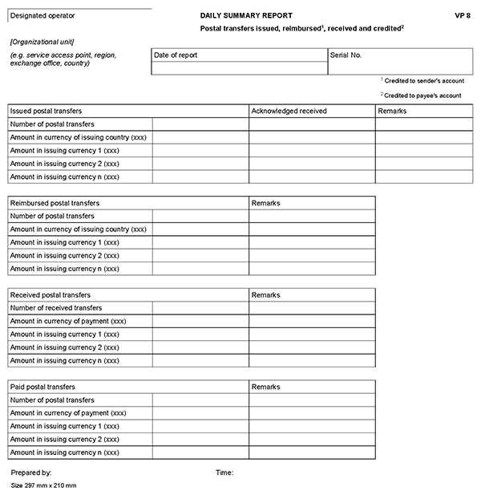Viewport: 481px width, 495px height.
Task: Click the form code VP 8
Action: (x=462, y=15)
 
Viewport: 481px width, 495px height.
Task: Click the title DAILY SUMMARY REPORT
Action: (x=246, y=15)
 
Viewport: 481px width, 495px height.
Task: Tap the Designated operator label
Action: (x=44, y=15)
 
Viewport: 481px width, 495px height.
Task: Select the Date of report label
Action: (x=176, y=55)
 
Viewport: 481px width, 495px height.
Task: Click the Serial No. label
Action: (x=346, y=55)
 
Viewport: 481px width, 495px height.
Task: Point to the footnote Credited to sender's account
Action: (x=422, y=81)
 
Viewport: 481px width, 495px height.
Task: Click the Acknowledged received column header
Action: (x=289, y=111)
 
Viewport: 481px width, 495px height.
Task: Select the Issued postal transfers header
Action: (x=46, y=111)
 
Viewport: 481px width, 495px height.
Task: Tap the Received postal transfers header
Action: (x=51, y=295)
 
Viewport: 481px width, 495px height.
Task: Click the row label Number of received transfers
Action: (x=56, y=308)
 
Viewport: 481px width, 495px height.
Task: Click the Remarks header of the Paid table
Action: (x=265, y=387)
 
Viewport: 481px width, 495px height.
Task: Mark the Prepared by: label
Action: (x=31, y=473)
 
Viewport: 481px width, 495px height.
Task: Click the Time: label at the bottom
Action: (x=224, y=473)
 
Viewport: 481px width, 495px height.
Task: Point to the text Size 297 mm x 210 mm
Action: (x=43, y=486)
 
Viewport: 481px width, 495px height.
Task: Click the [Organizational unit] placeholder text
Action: (x=43, y=41)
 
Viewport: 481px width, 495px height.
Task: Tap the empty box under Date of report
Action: (x=240, y=68)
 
